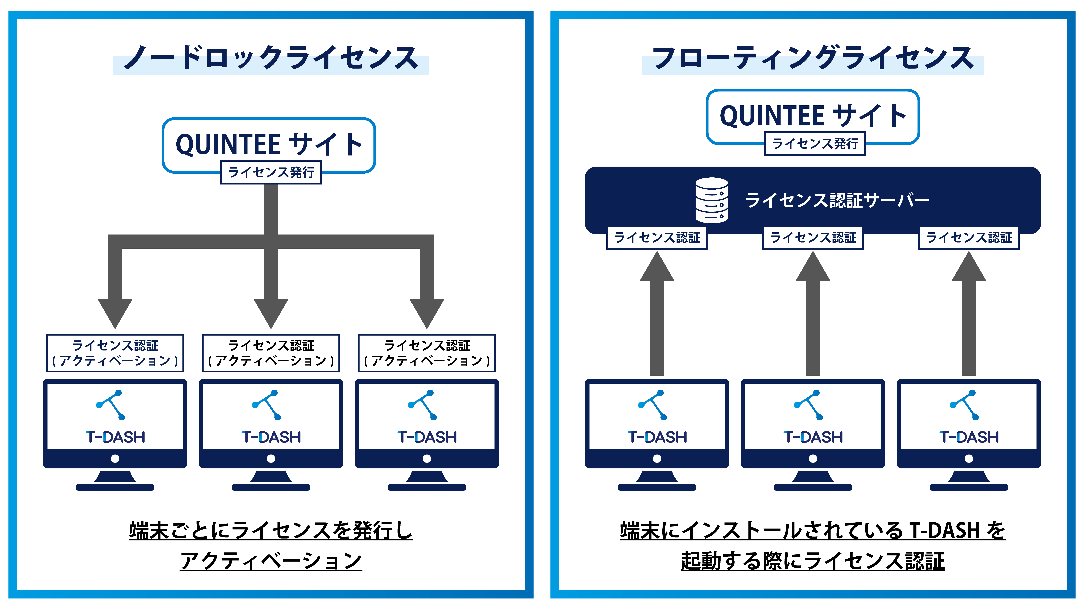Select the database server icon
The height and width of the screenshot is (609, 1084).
[x=712, y=200]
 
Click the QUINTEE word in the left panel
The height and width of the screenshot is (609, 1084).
[x=228, y=145]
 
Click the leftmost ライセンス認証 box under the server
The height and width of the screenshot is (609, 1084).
[x=657, y=238]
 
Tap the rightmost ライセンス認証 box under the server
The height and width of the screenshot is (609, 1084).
[x=969, y=238]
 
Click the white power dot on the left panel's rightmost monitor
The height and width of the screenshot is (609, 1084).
[x=427, y=459]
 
